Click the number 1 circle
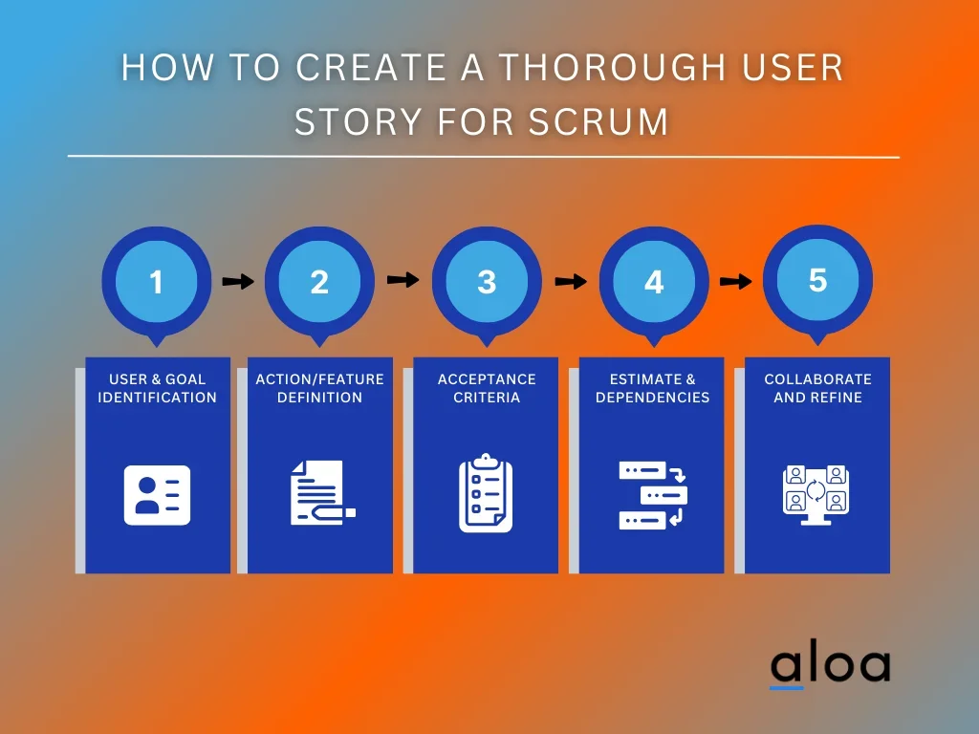coord(157,282)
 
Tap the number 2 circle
coord(319,282)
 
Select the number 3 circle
coord(487,282)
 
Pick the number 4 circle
coord(654,282)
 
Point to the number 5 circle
coord(817,280)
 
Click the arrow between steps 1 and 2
coord(238,281)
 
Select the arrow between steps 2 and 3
coord(403,280)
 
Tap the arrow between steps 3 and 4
coord(571,281)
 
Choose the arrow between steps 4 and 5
coord(735,281)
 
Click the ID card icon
coord(158,494)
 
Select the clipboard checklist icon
coord(486,492)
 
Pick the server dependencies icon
coord(653,494)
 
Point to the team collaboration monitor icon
coord(816,493)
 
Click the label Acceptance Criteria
coord(486,388)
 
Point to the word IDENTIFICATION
coord(158,398)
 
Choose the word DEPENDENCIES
coord(653,398)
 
